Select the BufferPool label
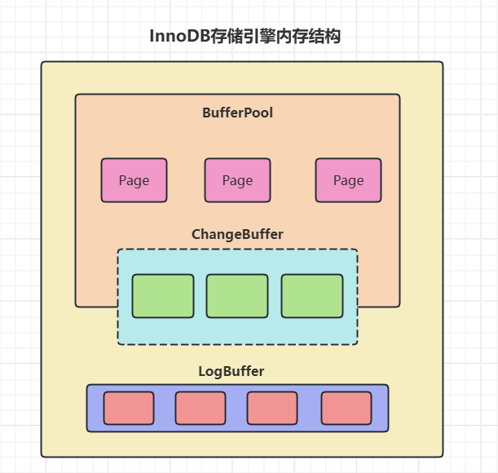click(x=237, y=113)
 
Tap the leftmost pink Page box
click(x=134, y=180)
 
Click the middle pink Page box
click(x=237, y=180)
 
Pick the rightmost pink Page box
click(x=348, y=180)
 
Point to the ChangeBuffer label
click(x=237, y=234)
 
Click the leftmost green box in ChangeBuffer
click(x=163, y=296)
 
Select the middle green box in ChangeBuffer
click(x=237, y=296)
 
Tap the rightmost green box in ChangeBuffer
click(x=312, y=296)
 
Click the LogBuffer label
click(x=231, y=371)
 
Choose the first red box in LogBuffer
click(x=129, y=408)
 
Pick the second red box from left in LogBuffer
click(x=201, y=408)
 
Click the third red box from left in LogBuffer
click(x=272, y=408)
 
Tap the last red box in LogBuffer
click(x=346, y=408)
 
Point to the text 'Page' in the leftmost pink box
click(x=134, y=180)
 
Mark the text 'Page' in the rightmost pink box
click(x=348, y=180)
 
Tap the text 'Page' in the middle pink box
click(x=237, y=180)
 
